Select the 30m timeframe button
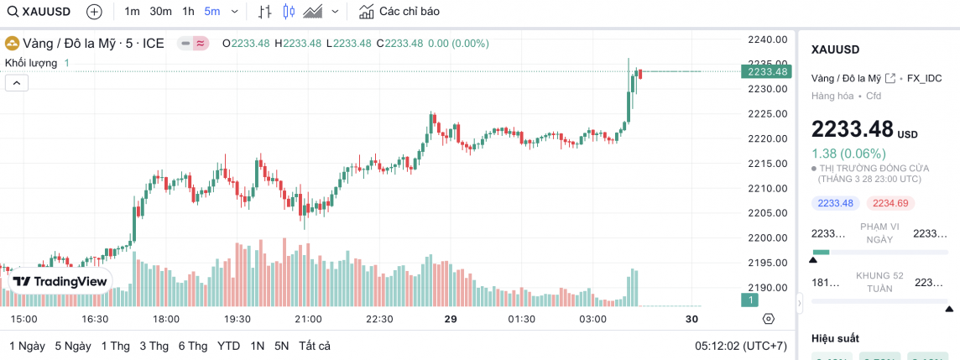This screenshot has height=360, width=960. click(x=160, y=12)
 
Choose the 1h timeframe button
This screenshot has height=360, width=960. click(x=188, y=12)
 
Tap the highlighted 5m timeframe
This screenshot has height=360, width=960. click(x=211, y=12)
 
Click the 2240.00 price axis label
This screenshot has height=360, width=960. click(x=767, y=39)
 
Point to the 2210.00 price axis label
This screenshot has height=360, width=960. click(x=767, y=188)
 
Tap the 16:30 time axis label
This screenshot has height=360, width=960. click(x=95, y=319)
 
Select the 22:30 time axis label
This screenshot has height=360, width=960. click(x=379, y=319)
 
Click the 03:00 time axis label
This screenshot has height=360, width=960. click(x=592, y=319)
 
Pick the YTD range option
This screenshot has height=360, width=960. click(x=228, y=346)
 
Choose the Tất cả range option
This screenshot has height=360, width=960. click(x=315, y=346)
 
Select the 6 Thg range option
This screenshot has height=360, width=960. click(x=193, y=346)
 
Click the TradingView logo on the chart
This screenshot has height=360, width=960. click(x=60, y=282)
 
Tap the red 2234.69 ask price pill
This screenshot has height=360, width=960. click(x=891, y=203)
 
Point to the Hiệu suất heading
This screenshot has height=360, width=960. click(x=836, y=338)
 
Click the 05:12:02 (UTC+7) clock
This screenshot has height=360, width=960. click(x=741, y=346)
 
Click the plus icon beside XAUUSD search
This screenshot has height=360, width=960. click(x=94, y=12)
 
